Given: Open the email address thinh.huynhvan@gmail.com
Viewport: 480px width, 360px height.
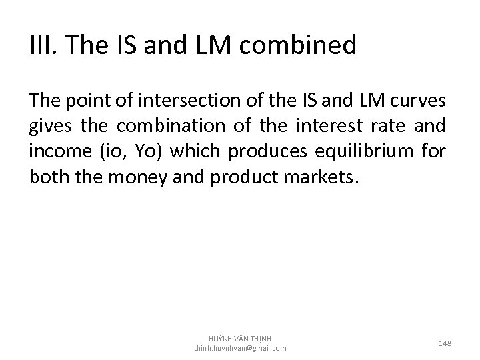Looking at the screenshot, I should point(240,348).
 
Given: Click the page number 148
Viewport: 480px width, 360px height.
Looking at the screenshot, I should point(445,343).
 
